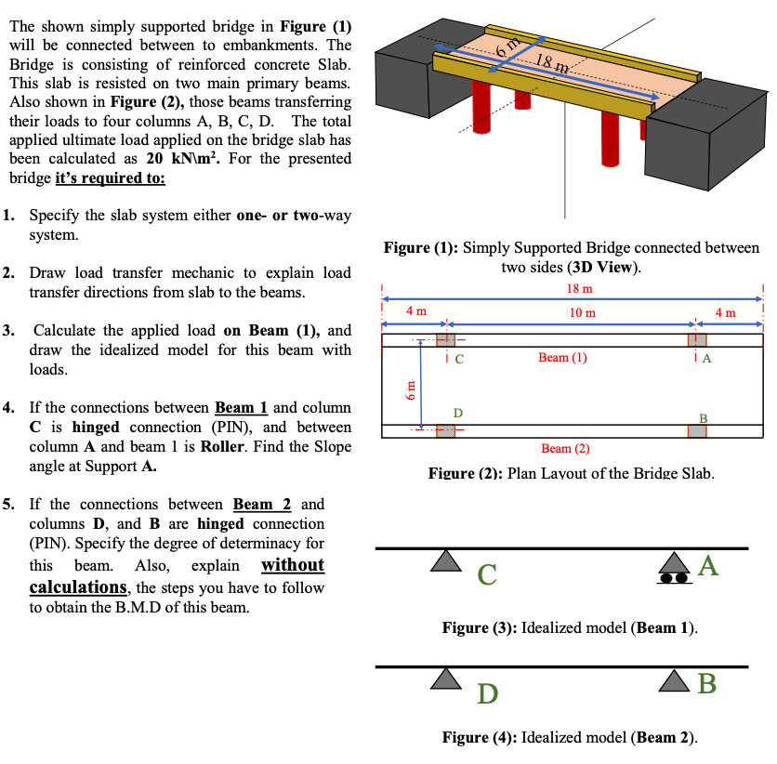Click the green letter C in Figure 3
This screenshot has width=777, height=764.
coord(488,575)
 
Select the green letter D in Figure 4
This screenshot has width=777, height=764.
coord(488,692)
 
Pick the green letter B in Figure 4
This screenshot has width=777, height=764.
coord(707,684)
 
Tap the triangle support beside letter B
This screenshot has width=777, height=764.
coord(673,678)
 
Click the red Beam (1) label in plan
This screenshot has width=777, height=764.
coord(563,358)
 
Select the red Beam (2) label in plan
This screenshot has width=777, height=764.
coord(566,448)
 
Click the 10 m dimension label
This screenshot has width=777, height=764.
coord(583,312)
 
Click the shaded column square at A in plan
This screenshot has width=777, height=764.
coord(697,339)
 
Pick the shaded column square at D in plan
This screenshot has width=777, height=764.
coord(445,430)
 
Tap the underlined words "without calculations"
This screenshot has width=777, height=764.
coord(177,576)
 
